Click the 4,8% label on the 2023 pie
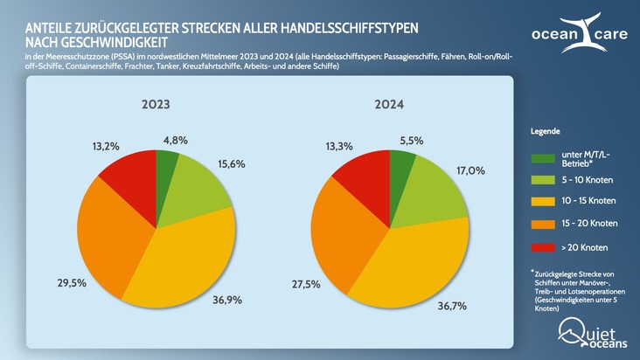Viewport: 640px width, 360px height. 176,140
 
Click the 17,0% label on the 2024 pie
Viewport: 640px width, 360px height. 470,170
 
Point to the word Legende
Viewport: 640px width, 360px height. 547,130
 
